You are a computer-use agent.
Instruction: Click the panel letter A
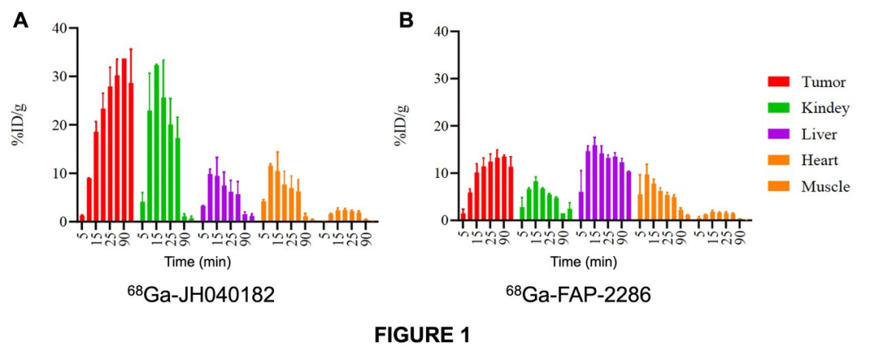click(x=22, y=20)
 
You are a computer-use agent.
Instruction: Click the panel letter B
click(x=407, y=20)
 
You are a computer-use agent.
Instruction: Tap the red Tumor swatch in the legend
click(x=778, y=81)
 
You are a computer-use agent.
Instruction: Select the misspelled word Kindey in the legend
click(x=826, y=108)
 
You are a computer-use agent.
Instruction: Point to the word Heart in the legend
click(x=821, y=160)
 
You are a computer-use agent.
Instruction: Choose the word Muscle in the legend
click(x=825, y=187)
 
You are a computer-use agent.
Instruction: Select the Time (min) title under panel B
click(x=578, y=263)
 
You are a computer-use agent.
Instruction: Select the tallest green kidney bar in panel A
click(x=156, y=143)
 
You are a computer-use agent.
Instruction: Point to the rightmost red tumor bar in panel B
click(x=511, y=193)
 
